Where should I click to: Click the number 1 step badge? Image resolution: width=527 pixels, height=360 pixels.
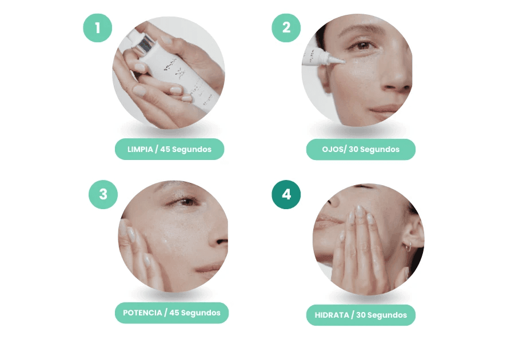[x=98, y=28]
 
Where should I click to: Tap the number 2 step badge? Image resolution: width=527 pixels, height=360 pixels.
[x=286, y=28]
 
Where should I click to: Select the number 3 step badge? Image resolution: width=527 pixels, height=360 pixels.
[x=103, y=195]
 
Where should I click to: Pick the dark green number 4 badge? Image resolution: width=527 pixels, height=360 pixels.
[x=286, y=195]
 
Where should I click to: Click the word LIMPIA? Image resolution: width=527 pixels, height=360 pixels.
[x=140, y=149]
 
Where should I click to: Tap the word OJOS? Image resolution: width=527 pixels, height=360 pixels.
[x=333, y=149]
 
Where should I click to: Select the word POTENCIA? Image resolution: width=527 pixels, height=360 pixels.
[x=142, y=313]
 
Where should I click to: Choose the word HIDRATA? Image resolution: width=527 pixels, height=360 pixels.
[x=332, y=315]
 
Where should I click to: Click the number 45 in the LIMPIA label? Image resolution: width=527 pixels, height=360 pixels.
[x=165, y=149]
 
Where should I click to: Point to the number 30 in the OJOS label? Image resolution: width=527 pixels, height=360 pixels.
[x=354, y=149]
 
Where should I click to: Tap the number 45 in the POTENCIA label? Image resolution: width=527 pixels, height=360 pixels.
[x=174, y=313]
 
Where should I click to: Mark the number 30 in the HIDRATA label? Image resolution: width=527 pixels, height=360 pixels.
[x=361, y=315]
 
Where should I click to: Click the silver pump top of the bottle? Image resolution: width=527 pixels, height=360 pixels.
[x=145, y=45]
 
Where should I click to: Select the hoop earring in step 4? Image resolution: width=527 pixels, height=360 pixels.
[x=408, y=248]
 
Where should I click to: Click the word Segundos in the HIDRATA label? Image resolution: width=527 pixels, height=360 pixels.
[x=387, y=315]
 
